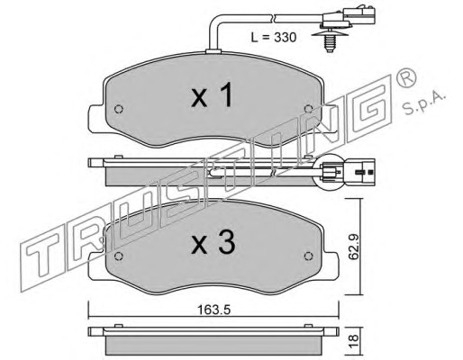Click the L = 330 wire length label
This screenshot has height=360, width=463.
[274, 38]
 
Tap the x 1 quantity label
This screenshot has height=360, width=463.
[212, 95]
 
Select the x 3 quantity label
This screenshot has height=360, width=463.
[213, 243]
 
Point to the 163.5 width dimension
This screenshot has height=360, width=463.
[213, 310]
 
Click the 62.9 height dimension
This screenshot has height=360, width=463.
[354, 247]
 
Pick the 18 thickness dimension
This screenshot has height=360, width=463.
[354, 338]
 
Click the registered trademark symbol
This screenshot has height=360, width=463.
[406, 77]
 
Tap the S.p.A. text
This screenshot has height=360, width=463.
[424, 103]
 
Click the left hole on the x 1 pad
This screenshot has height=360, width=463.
[119, 109]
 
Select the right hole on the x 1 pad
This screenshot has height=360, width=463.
[308, 109]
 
